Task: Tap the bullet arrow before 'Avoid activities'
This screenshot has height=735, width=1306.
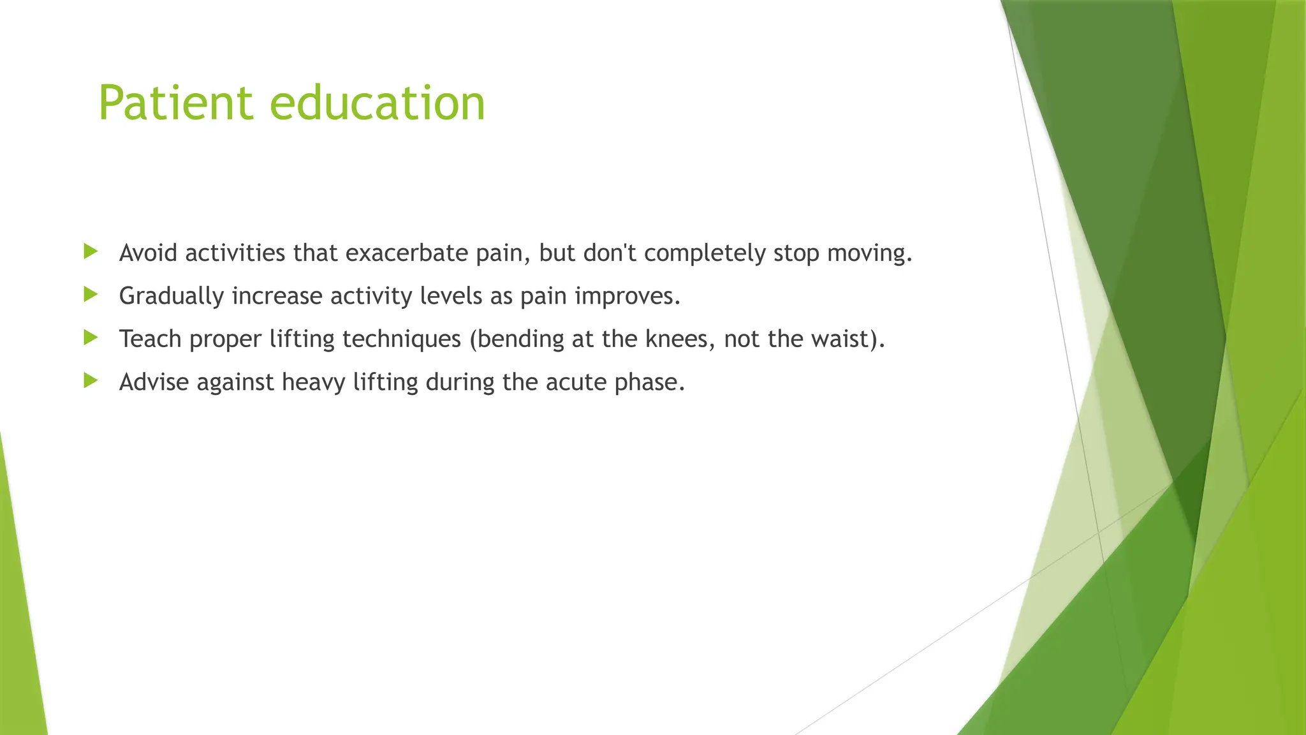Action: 91,251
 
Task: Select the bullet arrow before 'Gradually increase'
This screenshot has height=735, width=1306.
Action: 91,294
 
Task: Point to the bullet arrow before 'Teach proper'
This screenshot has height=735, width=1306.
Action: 91,337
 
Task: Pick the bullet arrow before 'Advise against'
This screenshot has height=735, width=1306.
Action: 91,381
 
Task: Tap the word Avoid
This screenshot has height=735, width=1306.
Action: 148,253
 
